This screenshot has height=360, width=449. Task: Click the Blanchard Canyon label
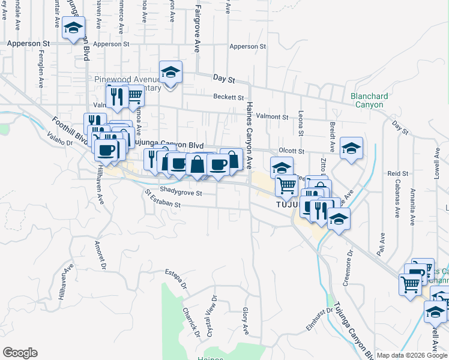tap(369, 100)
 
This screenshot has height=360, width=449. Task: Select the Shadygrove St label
tap(181, 193)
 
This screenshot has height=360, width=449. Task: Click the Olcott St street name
tap(292, 152)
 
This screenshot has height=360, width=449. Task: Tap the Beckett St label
tap(228, 97)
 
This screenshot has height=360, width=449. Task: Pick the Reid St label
tap(397, 173)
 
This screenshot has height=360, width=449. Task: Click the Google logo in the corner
tap(20, 353)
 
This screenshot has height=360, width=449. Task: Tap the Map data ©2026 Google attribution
tap(412, 355)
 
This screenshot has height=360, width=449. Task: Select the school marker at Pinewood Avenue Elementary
tap(171, 73)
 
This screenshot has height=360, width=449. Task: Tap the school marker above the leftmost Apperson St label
tap(73, 28)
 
